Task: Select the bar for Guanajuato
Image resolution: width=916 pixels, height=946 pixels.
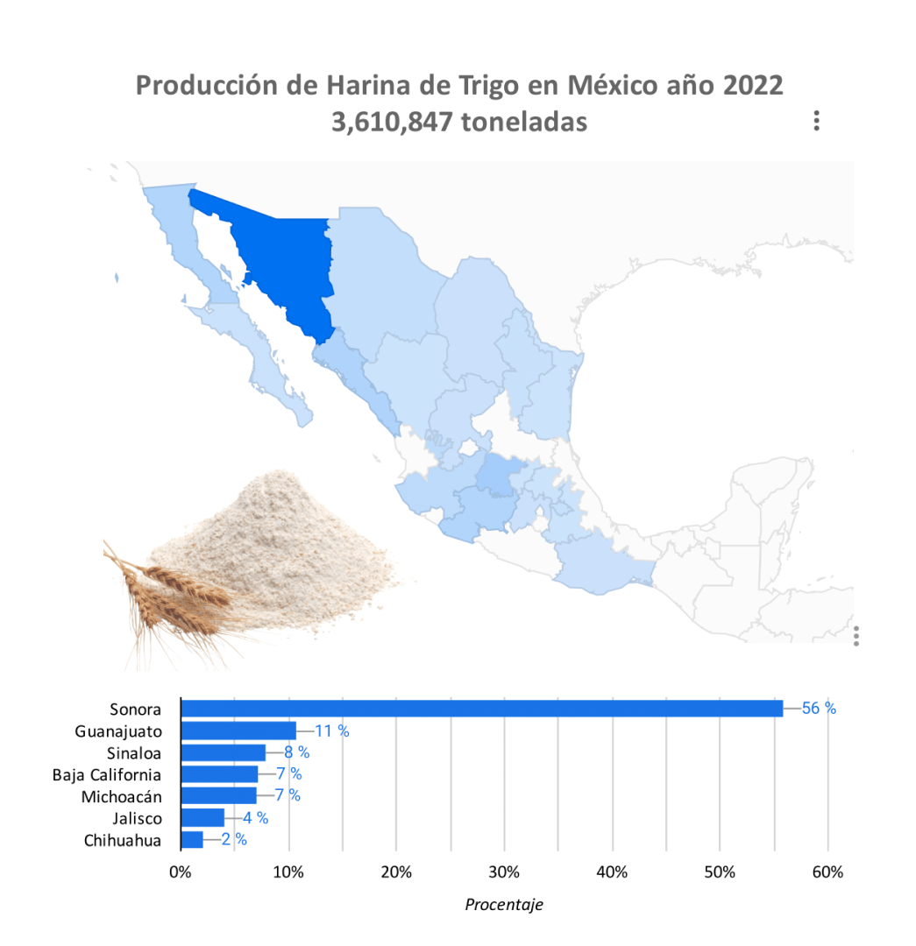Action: [x=238, y=731]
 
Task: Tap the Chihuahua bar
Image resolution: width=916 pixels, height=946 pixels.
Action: [x=191, y=840]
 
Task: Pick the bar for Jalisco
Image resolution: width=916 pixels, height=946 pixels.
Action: [x=202, y=818]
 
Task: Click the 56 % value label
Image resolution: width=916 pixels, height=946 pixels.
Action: [x=819, y=709]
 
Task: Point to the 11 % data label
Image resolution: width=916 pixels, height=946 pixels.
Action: [x=331, y=731]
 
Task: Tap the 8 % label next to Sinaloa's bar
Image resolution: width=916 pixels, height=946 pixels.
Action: [x=296, y=752]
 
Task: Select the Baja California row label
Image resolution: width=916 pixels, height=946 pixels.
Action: [x=106, y=774]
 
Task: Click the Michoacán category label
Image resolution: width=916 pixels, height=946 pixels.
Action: [x=121, y=796]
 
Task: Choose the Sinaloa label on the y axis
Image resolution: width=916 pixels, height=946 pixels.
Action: [x=134, y=752]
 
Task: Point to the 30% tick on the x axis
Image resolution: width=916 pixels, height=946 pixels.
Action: [x=504, y=872]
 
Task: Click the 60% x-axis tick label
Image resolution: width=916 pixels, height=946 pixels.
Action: [x=827, y=872]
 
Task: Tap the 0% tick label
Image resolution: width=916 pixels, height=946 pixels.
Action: [x=181, y=872]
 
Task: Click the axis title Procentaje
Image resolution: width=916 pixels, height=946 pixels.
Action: [x=503, y=905]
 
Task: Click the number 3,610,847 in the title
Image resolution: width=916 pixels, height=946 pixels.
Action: [x=392, y=122]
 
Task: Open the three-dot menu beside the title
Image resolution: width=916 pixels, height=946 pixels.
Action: [x=816, y=121]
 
